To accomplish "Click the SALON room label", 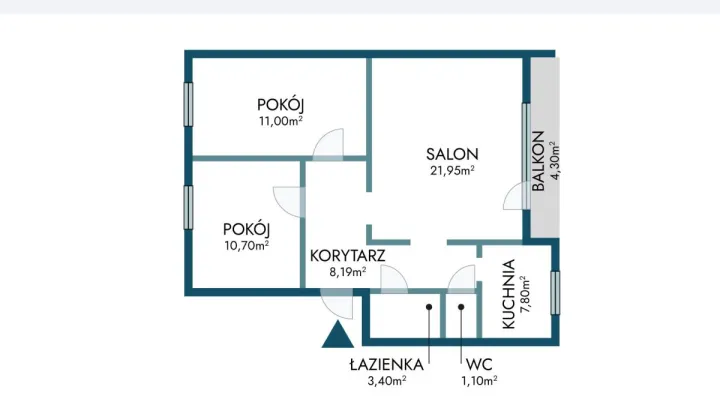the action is tap(452, 154).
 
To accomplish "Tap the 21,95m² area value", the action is tap(452, 170).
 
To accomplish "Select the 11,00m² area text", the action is tap(281, 121).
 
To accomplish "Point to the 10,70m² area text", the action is tap(247, 246).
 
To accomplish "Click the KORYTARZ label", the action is tap(348, 256).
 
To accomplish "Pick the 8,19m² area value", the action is tap(348, 272).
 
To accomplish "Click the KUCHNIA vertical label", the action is tap(509, 294).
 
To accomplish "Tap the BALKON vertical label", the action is tap(538, 161).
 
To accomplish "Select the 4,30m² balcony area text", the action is tap(555, 161).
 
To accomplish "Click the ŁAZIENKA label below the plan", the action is tap(387, 364).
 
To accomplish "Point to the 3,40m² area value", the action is tap(387, 381).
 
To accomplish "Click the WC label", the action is tap(479, 365).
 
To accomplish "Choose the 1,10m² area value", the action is tap(479, 381).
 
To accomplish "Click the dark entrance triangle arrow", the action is tap(338, 336).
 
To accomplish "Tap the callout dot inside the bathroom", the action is tap(429, 307).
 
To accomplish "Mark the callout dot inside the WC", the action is tap(461, 307).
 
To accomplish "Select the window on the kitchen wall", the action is tap(555, 293).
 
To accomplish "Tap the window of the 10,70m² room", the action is tap(188, 207).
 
